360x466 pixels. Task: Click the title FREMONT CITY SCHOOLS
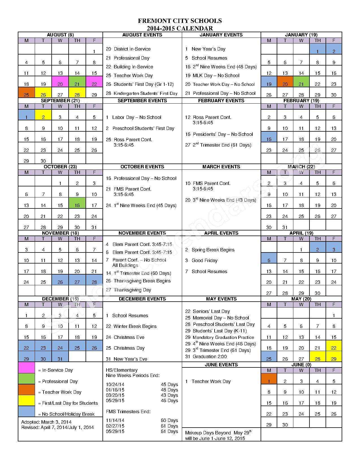tap(180, 21)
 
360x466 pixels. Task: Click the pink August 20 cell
tap(60, 82)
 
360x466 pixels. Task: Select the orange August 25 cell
tap(26, 93)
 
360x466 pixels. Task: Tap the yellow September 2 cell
tap(43, 115)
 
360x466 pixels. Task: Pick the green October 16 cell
tap(77, 203)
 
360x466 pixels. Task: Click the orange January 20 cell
tap(285, 82)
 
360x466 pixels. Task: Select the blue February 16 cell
tap(269, 137)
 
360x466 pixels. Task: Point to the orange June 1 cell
tap(269, 379)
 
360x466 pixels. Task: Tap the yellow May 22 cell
tap(334, 346)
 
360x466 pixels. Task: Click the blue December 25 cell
tap(77, 346)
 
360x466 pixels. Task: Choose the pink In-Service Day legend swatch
tap(26, 368)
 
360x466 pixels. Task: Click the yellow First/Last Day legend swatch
tap(26, 400)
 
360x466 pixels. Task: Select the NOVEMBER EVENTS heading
tap(142, 233)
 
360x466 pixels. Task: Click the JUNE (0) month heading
tap(301, 365)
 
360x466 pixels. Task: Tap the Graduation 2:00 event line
tap(206, 356)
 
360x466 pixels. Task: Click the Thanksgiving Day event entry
tap(128, 290)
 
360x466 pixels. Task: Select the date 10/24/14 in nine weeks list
tap(115, 384)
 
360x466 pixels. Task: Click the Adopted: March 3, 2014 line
tap(46, 422)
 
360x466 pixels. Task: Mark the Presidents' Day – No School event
tap(219, 134)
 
